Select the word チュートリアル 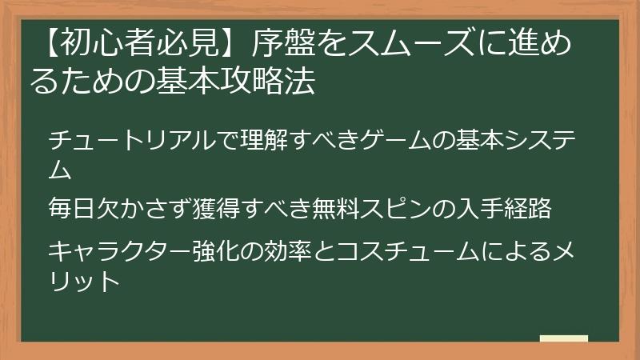coord(120,142)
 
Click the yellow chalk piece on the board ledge coord(563,338)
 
